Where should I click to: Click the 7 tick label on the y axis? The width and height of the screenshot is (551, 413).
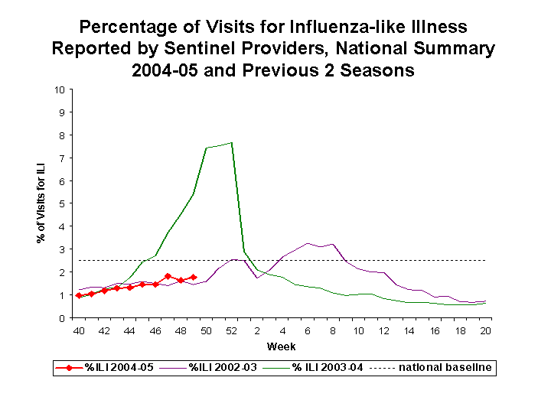click(61, 158)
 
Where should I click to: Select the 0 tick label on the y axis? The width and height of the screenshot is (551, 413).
click(61, 318)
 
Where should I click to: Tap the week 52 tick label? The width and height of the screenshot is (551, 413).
click(231, 331)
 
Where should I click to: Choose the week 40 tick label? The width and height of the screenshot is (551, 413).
click(78, 331)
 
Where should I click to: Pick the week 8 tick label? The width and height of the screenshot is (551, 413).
click(333, 331)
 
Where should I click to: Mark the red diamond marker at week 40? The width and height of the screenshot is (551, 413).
click(79, 295)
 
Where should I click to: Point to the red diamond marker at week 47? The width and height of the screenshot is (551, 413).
click(168, 276)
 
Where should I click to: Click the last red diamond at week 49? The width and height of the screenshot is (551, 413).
click(194, 277)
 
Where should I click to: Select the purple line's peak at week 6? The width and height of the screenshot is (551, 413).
click(308, 243)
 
